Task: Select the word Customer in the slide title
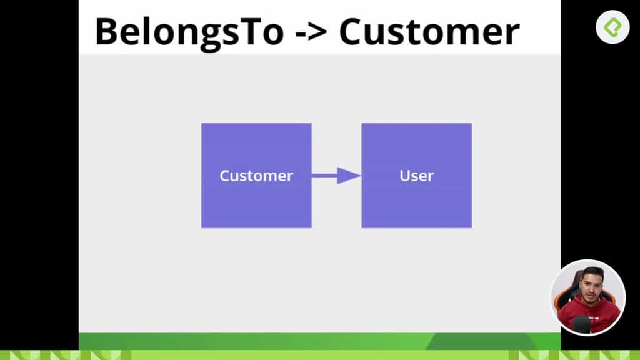click(x=429, y=32)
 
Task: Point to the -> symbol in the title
click(x=311, y=32)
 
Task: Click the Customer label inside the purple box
click(x=256, y=176)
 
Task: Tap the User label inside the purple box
click(x=417, y=176)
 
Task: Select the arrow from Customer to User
click(x=336, y=176)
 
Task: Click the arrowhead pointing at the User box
click(x=349, y=176)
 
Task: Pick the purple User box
click(x=417, y=176)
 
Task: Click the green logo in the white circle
click(x=612, y=27)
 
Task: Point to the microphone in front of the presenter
click(x=582, y=325)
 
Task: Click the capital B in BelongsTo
click(x=106, y=32)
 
